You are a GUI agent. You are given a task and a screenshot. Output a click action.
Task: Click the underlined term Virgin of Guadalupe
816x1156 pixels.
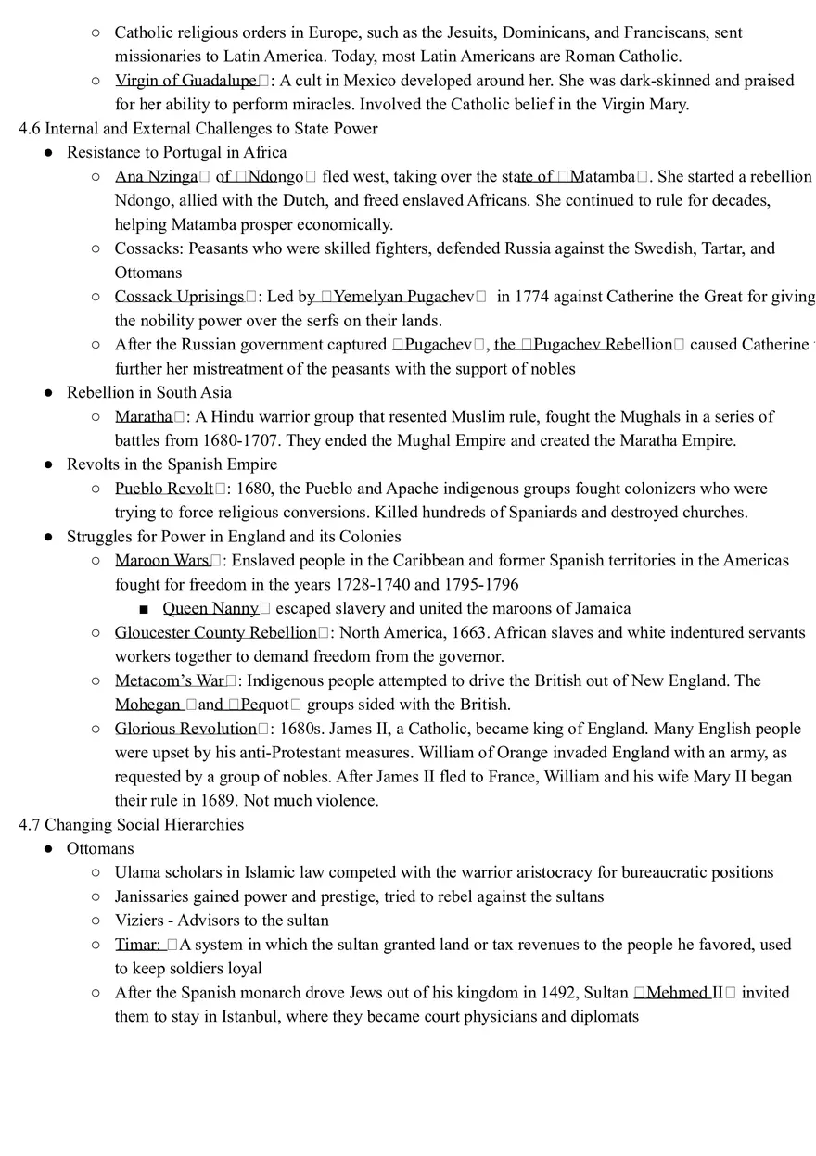(x=185, y=81)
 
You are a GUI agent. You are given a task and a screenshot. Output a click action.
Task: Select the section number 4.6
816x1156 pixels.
(x=30, y=129)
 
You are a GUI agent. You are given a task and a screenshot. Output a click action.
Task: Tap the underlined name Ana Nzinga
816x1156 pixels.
(x=156, y=176)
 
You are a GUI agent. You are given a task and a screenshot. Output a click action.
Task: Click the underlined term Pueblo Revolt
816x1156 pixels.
(x=164, y=489)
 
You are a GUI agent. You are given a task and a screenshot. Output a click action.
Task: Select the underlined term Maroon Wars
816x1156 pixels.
(x=162, y=561)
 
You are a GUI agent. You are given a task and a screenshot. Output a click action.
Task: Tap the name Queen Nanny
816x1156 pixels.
(x=210, y=609)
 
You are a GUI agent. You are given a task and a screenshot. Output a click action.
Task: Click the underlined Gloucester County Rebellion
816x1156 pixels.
(x=215, y=633)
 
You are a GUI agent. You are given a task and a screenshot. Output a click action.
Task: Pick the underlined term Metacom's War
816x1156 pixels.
(x=170, y=681)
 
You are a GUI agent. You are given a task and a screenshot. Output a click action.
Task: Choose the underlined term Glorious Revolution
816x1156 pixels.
(x=185, y=729)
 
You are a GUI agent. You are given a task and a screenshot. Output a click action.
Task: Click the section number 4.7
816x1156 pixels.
(x=30, y=825)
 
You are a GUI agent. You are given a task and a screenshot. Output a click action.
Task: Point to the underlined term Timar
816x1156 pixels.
(x=136, y=946)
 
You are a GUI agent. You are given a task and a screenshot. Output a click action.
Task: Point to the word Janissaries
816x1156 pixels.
(x=152, y=896)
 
